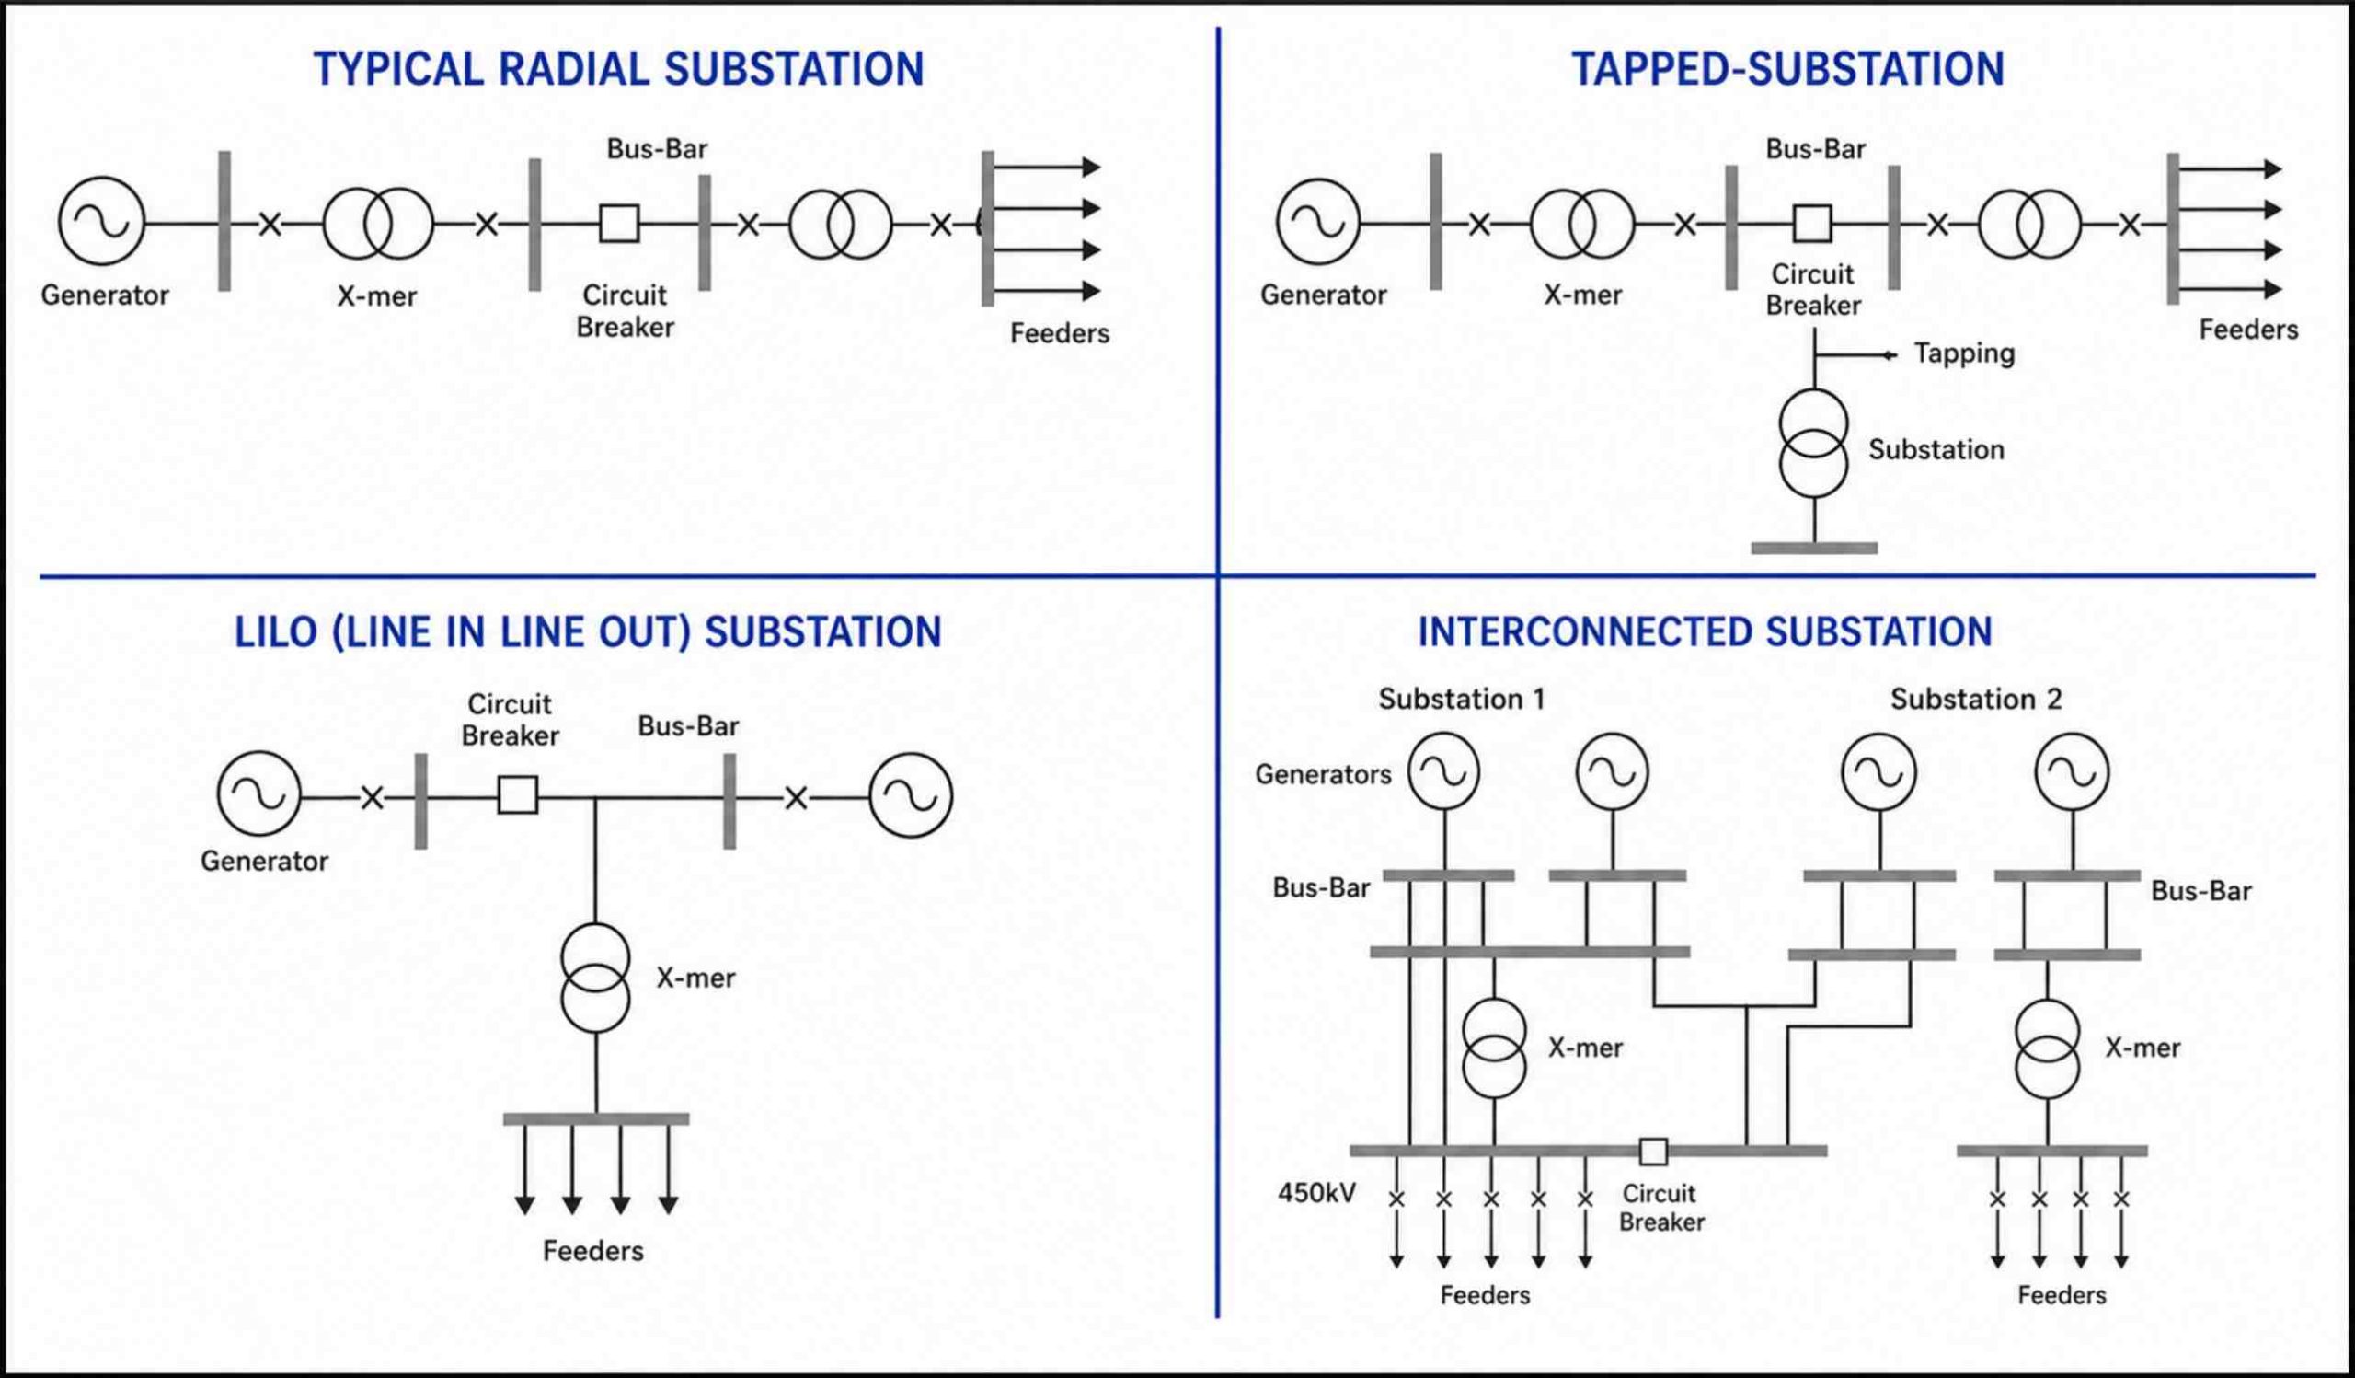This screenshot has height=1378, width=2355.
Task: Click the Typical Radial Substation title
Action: pos(619,69)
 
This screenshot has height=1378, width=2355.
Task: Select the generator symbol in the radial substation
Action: pos(102,222)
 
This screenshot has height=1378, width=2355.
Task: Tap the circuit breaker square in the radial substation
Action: pos(619,224)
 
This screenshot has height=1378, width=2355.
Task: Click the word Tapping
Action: pos(1963,353)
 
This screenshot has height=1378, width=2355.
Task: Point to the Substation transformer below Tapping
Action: pos(1813,443)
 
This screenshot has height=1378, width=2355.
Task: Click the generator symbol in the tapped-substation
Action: pos(1318,223)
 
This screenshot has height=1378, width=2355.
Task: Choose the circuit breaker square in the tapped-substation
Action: pos(1812,224)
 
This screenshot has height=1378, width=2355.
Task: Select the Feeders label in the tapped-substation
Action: pos(2248,329)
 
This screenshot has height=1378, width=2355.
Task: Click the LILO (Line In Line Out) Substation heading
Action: pos(588,633)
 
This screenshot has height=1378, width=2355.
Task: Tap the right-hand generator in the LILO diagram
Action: pos(910,795)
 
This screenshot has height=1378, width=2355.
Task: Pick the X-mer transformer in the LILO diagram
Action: pos(595,978)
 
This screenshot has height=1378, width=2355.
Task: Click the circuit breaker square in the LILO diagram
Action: pos(518,794)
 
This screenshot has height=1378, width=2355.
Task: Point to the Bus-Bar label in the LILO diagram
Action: pos(688,726)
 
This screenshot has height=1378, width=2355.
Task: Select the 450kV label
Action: pos(1316,1193)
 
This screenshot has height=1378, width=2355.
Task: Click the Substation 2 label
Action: pos(1977,700)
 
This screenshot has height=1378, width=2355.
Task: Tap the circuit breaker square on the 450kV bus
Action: pos(1653,1152)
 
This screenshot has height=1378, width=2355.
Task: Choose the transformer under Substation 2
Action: pos(2048,1048)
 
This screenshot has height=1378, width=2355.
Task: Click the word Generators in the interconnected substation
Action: pos(1322,774)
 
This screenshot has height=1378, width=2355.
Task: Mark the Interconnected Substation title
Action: pos(1706,632)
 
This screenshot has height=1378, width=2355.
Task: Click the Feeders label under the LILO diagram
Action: pos(593,1251)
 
